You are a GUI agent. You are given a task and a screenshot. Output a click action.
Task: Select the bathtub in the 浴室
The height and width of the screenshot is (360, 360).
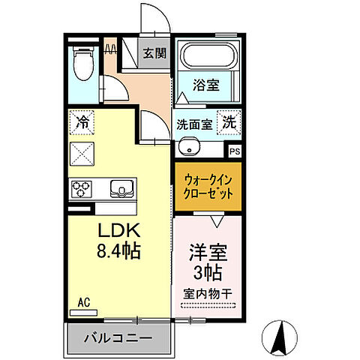click(x=206, y=56)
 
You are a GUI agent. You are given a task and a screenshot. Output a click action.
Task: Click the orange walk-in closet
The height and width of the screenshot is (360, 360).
click(x=208, y=187)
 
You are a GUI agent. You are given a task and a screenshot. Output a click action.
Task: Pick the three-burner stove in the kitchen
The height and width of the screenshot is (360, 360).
click(x=81, y=187)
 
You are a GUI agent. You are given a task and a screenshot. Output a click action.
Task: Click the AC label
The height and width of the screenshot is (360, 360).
click(x=85, y=303)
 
